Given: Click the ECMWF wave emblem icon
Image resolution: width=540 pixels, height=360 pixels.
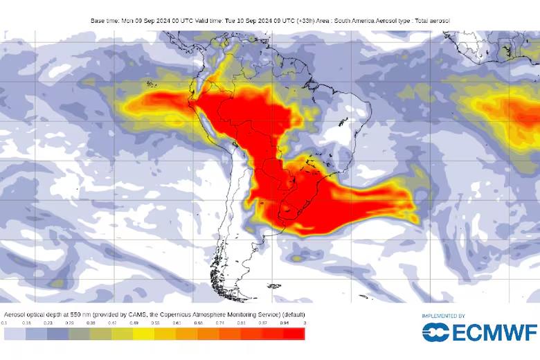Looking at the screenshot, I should [436, 332].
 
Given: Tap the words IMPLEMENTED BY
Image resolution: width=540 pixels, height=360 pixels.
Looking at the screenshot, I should [443, 316].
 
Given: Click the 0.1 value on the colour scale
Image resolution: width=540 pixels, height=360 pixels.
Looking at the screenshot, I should [4, 323].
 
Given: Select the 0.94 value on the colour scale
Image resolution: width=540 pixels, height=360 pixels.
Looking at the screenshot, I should [283, 323].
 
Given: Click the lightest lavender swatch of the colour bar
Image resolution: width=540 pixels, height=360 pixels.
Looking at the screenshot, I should [15, 334].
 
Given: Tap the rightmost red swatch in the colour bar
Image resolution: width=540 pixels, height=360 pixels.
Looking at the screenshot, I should [294, 334].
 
